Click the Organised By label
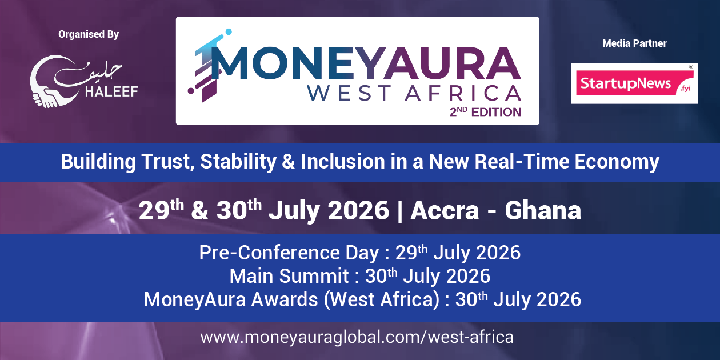pos(89,34)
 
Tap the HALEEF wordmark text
pos(111,91)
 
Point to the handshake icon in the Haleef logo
pos(46,98)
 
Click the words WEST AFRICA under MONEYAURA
pos(414,93)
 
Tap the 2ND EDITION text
pos(485,112)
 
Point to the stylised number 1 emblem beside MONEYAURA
pos(208,66)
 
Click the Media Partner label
pos(634,43)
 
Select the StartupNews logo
pos(634,83)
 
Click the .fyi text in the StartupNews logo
pos(685,89)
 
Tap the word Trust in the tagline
pos(168,161)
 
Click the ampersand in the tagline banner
pos(289,161)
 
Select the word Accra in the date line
pos(445,210)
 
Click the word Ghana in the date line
pos(543,210)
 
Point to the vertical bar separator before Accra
pos(399,211)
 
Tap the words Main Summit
pos(289,276)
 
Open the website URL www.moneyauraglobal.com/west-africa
pos(357,337)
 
